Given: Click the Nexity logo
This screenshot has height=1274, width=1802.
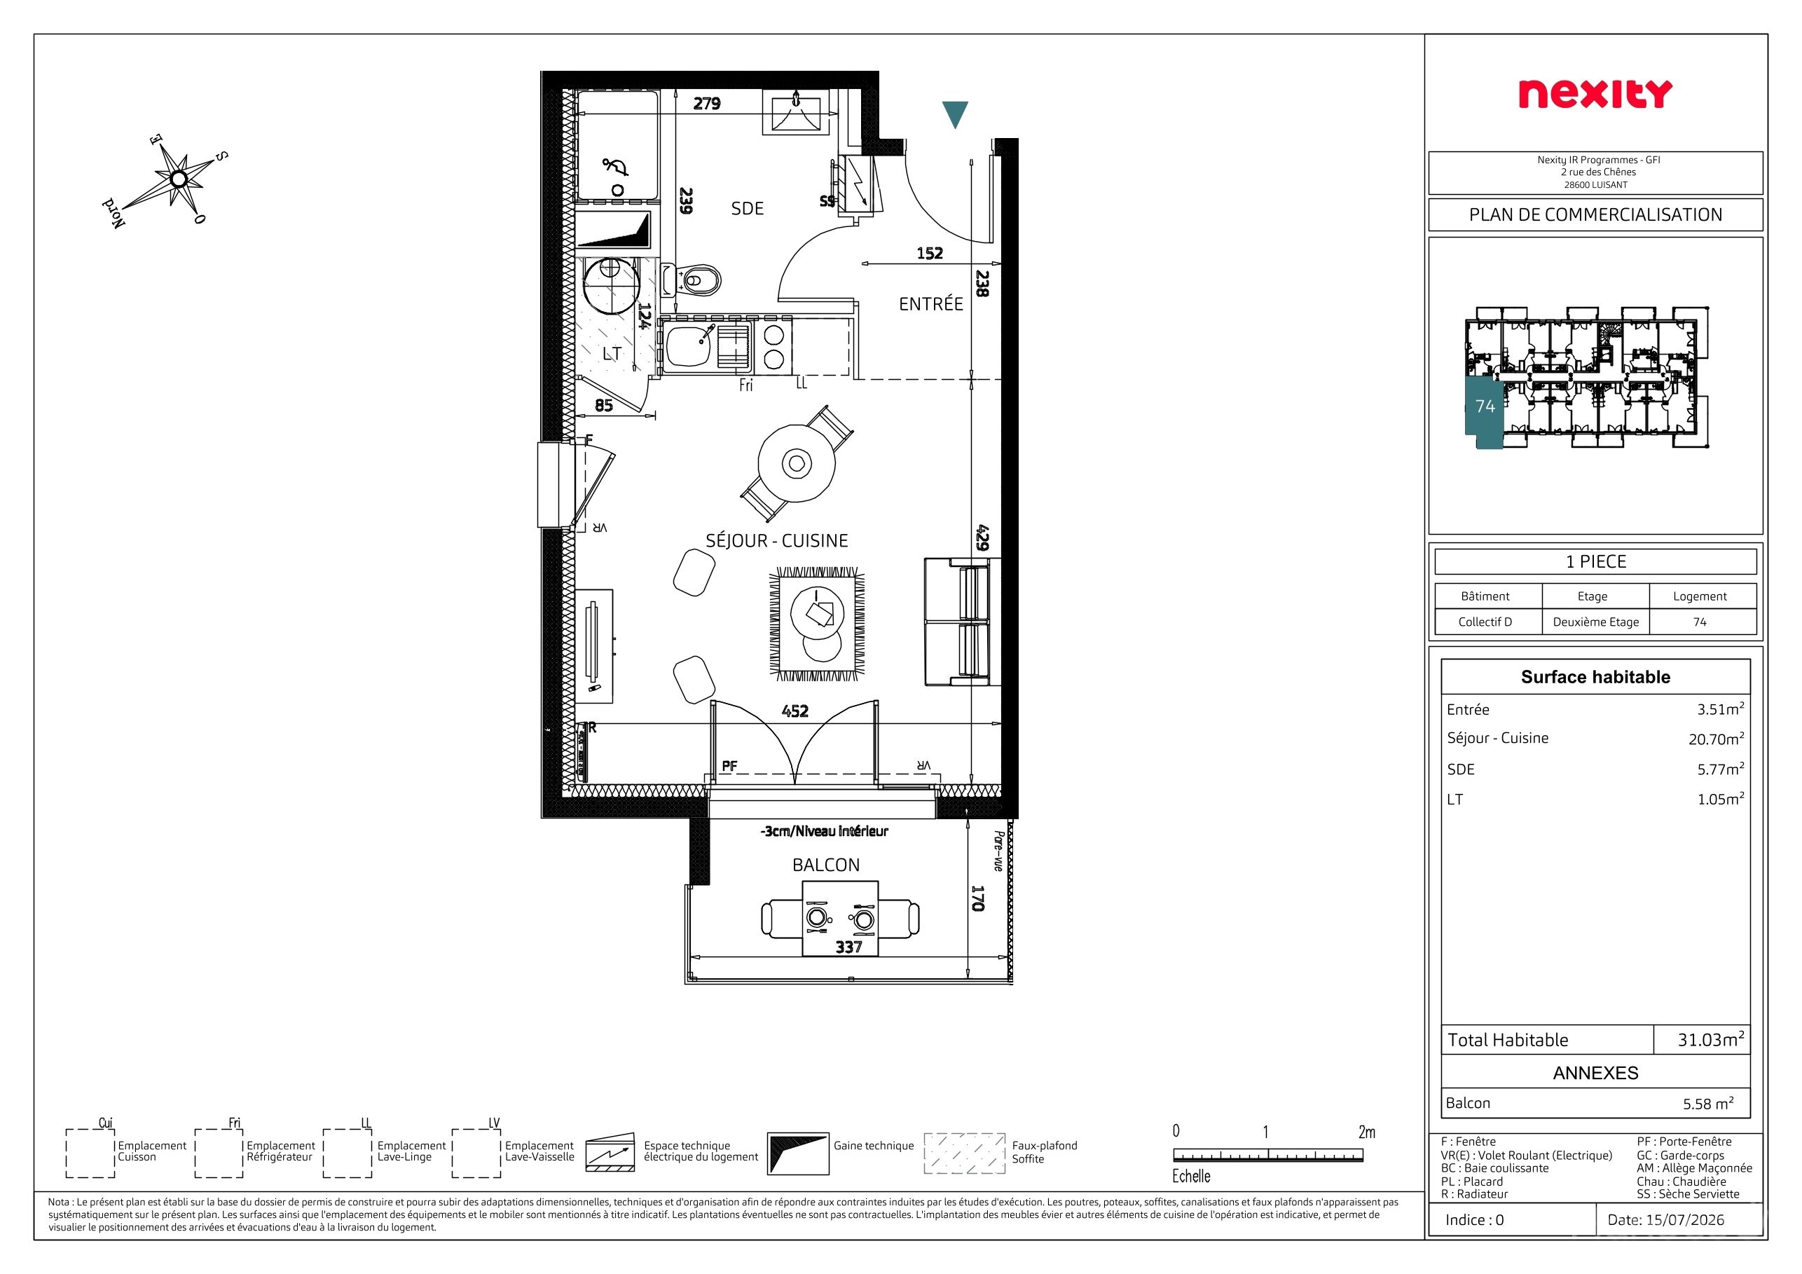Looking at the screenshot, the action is [x=1595, y=93].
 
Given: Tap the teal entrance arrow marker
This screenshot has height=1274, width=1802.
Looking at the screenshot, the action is [x=955, y=114].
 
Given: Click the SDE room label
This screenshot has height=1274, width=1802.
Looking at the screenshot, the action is [x=747, y=209].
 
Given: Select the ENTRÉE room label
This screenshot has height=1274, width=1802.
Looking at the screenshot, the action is [x=931, y=303].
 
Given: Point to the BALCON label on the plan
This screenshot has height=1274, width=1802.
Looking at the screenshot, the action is [x=825, y=865].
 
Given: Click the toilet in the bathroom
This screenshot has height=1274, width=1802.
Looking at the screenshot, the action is [x=692, y=280].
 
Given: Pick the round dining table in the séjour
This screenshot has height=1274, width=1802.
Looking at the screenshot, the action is [x=797, y=463].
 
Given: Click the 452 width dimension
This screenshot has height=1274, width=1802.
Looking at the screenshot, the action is [x=795, y=711].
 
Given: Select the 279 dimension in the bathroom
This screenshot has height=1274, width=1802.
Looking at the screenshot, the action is [x=706, y=104].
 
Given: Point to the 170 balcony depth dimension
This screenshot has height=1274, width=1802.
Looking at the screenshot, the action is [x=978, y=898].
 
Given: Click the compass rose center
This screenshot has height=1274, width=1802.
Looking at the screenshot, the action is [x=179, y=179].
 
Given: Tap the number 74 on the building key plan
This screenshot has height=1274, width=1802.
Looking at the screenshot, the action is [x=1485, y=406].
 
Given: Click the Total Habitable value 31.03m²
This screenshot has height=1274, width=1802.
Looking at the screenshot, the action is [x=1711, y=1039].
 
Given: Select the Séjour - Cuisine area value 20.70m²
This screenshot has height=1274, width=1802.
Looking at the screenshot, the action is [x=1717, y=739].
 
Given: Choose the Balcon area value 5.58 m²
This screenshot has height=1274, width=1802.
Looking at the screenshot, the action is [x=1708, y=1103].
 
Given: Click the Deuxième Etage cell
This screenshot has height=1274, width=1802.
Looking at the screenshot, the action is [x=1595, y=622].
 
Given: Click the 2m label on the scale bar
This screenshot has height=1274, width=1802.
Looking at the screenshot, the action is [x=1366, y=1132].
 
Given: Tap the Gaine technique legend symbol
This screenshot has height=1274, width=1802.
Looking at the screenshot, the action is [x=797, y=1153].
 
